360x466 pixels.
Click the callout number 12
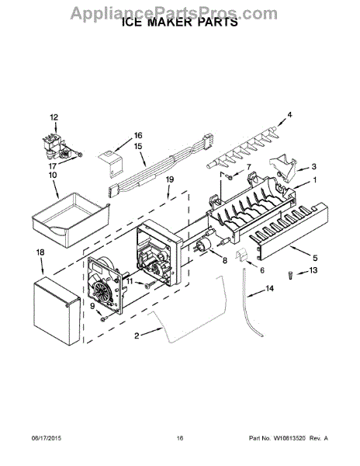54,117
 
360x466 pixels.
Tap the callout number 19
170,180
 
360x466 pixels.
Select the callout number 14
269,288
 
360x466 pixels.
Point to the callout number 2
137,336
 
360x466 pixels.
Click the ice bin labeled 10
71,219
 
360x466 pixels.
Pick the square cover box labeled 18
57,311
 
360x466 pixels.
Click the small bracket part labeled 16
110,164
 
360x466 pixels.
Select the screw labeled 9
103,319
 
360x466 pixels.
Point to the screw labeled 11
149,285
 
